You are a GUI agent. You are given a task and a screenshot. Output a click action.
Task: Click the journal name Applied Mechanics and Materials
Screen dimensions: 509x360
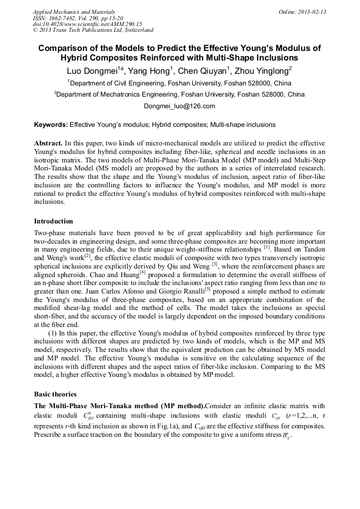tap(74, 12)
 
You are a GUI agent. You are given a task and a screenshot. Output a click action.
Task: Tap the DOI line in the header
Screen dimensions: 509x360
tap(87, 24)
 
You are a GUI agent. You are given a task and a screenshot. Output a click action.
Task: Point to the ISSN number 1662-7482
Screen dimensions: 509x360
tap(64, 18)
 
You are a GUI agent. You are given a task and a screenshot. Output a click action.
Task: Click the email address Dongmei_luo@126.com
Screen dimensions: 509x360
tap(179, 106)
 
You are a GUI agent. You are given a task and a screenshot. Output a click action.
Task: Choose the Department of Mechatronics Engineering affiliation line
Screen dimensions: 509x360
tap(179, 94)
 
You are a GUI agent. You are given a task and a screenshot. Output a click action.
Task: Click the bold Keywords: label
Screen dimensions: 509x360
tap(51, 125)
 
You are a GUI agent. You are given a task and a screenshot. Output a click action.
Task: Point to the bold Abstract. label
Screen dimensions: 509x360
tap(48, 144)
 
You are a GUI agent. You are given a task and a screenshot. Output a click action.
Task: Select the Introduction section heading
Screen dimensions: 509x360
tap(54, 221)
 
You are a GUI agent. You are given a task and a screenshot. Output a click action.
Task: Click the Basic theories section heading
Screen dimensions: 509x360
tap(55, 394)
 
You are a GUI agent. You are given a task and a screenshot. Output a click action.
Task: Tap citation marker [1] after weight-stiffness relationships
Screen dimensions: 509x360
tap(267, 247)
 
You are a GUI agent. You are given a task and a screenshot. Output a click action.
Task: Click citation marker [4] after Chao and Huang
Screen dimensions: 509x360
tap(142, 272)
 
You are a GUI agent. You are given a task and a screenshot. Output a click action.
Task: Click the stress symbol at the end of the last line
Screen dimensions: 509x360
tap(286, 436)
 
